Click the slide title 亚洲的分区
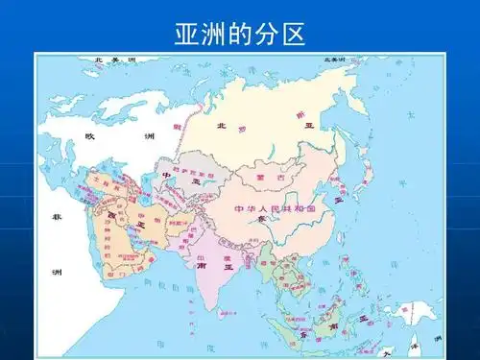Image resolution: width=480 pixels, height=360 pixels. click(x=239, y=36)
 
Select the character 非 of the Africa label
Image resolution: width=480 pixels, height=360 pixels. click(x=57, y=219)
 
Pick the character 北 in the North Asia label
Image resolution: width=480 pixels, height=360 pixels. click(x=221, y=126)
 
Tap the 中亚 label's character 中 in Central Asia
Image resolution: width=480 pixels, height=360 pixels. click(x=167, y=175)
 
